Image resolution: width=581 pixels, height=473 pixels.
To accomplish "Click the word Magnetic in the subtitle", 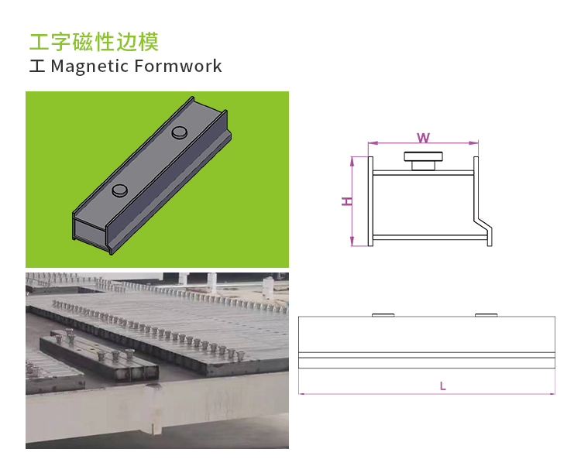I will coord(89,67).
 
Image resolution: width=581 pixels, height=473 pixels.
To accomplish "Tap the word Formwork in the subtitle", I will coord(178,67).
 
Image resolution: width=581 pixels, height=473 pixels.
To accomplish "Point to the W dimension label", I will coord(423,138).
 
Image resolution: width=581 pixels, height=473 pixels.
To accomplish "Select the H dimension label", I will coord(348,201).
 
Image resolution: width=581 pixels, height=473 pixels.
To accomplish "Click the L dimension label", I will coord(442,386).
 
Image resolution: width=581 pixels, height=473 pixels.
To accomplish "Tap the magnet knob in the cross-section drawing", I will coord(422,160).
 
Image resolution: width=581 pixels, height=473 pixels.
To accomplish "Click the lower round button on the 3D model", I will coord(120,190).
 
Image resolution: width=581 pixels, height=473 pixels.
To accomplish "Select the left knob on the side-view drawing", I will coord(383,314).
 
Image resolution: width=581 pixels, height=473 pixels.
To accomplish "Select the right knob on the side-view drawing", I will coord(486,314).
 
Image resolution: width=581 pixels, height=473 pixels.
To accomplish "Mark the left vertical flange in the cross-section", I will coord(371,201).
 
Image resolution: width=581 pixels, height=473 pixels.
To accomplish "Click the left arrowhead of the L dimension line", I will coord(301,393).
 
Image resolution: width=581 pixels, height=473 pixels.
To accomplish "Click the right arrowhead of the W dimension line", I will coord(476,143).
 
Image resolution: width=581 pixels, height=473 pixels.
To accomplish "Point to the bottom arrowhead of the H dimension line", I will coord(352,243).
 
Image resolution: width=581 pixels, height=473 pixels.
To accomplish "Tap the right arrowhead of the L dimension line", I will coord(553,393).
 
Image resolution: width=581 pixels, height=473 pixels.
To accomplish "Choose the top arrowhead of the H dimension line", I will coord(352,159).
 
